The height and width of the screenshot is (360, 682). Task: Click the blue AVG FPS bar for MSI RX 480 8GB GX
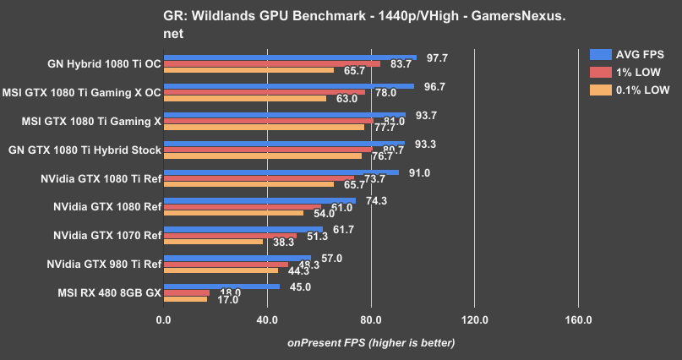[x=221, y=286]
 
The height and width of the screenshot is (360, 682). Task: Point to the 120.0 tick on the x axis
[x=474, y=320]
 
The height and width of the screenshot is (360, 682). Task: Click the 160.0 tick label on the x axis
[x=578, y=320]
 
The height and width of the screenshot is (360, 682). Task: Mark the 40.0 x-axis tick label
[x=267, y=320]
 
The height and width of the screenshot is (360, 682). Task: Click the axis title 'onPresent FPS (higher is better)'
[x=371, y=343]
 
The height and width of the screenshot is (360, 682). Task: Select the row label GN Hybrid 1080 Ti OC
[x=105, y=62]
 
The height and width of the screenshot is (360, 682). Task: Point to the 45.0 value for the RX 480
[x=301, y=286]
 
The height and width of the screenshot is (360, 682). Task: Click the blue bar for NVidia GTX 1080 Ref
[x=259, y=200]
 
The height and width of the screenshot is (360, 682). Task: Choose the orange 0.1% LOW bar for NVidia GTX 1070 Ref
[x=213, y=242]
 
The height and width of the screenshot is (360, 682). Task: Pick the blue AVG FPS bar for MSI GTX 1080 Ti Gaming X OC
[x=288, y=85]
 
